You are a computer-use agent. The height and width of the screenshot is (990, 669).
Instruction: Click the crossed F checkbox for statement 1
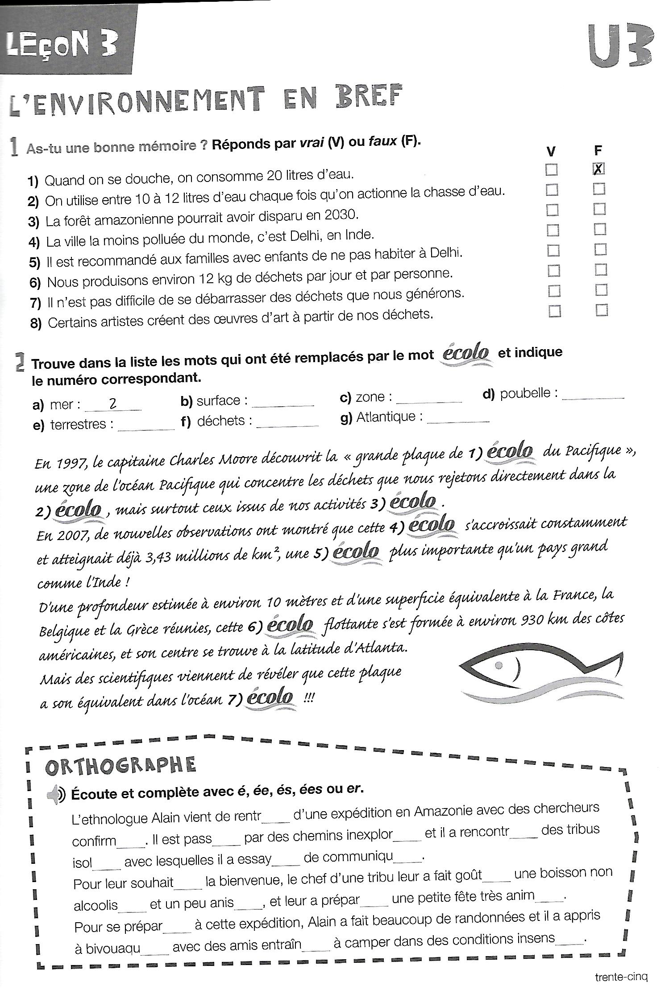tap(598, 169)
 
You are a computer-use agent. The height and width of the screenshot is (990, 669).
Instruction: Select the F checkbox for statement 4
tap(600, 229)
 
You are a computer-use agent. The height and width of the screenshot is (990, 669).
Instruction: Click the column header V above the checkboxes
tap(551, 152)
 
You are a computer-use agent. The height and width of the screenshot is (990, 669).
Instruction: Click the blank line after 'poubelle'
tap(593, 396)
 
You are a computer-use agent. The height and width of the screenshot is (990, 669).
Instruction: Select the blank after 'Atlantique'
tap(458, 419)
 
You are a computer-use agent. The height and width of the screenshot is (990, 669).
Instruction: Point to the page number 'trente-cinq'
tap(621, 977)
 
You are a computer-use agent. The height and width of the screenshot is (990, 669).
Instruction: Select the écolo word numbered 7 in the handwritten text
tap(270, 697)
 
